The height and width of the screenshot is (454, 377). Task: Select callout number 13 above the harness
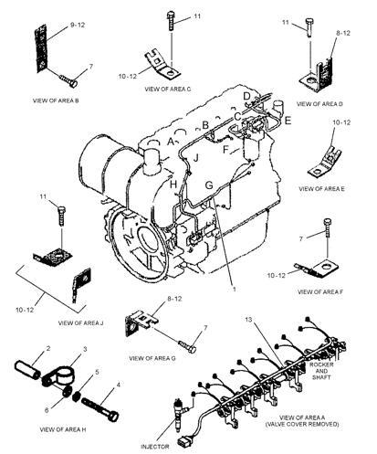(249, 321)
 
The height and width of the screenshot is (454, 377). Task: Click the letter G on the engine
(208, 185)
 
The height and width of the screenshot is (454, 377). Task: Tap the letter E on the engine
(287, 120)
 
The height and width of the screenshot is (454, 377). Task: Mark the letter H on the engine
(172, 185)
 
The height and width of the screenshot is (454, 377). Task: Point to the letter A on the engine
(172, 142)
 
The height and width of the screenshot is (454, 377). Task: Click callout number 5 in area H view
(99, 373)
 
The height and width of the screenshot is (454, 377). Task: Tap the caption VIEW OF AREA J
(80, 322)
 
